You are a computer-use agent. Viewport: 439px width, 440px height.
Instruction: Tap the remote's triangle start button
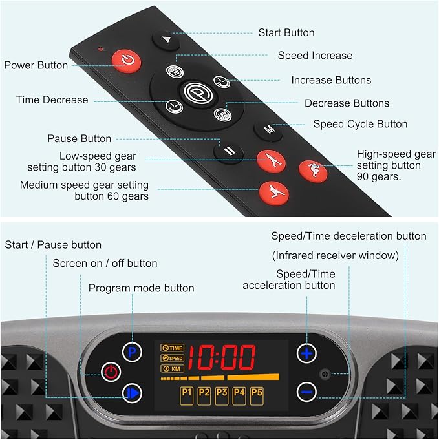tap(166, 41)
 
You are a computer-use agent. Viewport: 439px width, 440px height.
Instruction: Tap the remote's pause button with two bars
tap(229, 152)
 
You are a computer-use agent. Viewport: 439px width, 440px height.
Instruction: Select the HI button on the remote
tap(175, 71)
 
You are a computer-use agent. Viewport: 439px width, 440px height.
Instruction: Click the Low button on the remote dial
tap(222, 114)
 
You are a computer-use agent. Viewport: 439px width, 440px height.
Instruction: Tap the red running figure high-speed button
tap(313, 171)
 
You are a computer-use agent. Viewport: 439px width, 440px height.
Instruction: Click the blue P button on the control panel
tap(132, 352)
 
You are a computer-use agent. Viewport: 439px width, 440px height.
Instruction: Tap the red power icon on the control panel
tap(111, 372)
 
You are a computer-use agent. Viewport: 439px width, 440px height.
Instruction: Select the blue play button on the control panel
tap(132, 393)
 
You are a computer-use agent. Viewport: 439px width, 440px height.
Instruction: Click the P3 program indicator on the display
tap(222, 395)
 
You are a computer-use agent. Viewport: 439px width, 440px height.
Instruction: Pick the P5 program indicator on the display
tap(257, 395)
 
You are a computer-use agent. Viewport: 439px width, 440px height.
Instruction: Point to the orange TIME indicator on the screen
tap(173, 348)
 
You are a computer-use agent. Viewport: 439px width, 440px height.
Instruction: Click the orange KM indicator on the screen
tap(173, 368)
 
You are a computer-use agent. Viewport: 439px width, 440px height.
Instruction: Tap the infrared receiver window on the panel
tap(325, 374)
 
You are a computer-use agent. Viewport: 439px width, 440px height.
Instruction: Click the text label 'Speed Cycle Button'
tap(360, 124)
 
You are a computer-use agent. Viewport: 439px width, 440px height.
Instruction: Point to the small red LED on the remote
tap(101, 49)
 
